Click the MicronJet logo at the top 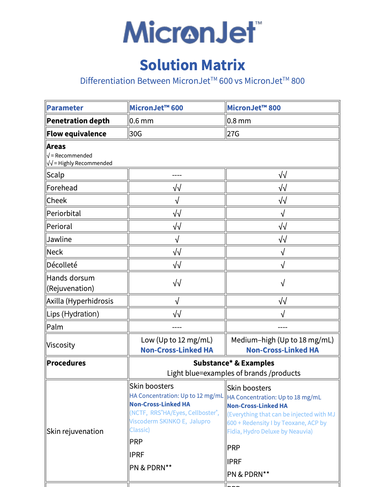(192, 32)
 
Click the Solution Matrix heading (192, 65)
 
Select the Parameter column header (65, 108)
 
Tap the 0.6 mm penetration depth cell (141, 121)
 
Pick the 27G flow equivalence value (233, 134)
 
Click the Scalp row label (55, 175)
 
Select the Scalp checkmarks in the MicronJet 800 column (283, 175)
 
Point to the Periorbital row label (64, 213)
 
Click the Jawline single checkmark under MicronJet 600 (177, 239)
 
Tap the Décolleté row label (62, 265)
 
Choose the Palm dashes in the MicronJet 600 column (177, 327)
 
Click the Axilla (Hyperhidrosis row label (80, 301)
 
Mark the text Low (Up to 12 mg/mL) (177, 340)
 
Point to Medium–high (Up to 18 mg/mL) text (283, 340)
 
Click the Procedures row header (66, 363)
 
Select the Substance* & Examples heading (234, 363)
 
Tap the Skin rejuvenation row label (75, 431)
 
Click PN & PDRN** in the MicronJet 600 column (151, 468)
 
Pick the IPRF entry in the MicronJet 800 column (234, 462)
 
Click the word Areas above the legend (56, 146)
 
